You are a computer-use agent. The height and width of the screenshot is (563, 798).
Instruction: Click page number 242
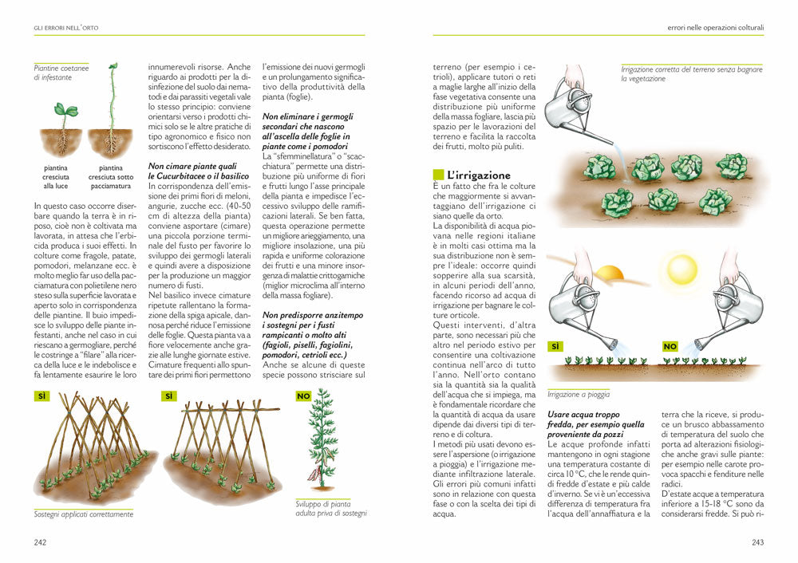[x=39, y=542]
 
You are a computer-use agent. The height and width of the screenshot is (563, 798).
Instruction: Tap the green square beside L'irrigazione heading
[x=437, y=175]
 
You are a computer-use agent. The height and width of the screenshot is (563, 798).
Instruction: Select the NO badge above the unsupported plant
[x=303, y=396]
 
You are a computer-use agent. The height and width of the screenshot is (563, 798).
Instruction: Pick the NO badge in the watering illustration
[x=670, y=347]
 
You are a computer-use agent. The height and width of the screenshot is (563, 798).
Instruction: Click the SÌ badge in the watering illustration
[x=555, y=347]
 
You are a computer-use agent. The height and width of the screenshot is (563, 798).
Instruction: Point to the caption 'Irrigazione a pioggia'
[x=579, y=394]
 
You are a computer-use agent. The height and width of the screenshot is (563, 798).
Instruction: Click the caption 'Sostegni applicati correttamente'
[x=83, y=514]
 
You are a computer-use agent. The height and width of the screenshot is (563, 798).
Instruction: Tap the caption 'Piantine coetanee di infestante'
[x=61, y=73]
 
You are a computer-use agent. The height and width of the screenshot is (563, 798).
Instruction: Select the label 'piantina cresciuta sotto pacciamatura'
[x=111, y=177]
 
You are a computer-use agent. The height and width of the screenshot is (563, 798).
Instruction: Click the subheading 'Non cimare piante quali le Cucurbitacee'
[x=193, y=170]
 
